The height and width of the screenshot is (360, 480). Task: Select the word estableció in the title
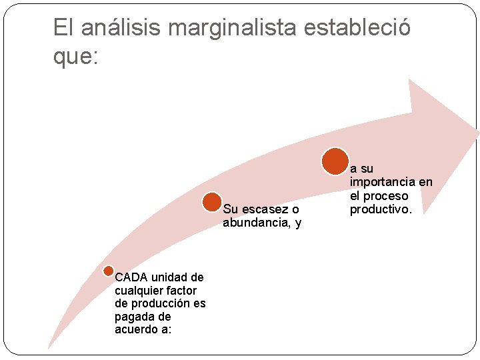point(358,28)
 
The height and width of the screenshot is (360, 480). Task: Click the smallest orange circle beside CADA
point(109,271)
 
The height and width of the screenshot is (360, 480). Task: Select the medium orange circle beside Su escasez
point(212,203)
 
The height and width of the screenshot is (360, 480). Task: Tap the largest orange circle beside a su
point(335,161)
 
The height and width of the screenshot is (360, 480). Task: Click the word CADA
point(132,277)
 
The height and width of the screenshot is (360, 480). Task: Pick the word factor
point(181,290)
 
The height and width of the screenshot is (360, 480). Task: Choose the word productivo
point(381,209)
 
